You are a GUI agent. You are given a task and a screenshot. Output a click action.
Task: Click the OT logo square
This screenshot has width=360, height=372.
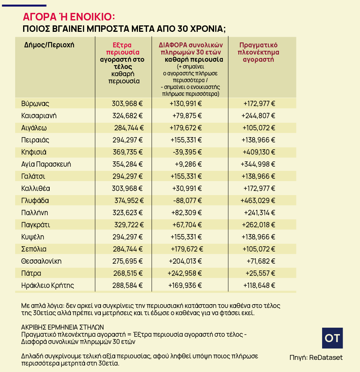pos(332,338)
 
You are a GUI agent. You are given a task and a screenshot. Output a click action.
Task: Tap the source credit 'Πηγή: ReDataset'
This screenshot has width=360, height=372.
pos(316,357)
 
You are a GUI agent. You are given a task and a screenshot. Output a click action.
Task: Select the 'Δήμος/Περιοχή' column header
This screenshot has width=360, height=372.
pos(49,45)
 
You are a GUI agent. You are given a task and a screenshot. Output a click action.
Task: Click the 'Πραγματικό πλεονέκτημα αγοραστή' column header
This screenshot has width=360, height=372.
pos(258,52)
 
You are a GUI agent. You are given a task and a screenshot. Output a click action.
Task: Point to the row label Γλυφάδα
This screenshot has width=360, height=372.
pos(35,201)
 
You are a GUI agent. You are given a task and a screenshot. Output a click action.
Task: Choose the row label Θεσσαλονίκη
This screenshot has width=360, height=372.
pos(41,261)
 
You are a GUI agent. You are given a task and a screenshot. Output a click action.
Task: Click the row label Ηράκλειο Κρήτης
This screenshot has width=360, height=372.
pos(47,286)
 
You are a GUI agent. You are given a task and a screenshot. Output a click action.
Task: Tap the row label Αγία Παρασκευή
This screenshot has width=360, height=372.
pos(46,164)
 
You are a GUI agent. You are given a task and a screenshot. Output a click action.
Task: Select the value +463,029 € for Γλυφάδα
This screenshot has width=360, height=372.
pos(258,201)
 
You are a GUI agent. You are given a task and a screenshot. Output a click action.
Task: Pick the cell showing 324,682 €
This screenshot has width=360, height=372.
pos(127,116)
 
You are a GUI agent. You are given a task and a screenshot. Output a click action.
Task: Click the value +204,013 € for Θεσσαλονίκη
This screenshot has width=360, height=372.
pos(185,261)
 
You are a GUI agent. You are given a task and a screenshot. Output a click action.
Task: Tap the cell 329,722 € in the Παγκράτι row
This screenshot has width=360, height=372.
pos(128,225)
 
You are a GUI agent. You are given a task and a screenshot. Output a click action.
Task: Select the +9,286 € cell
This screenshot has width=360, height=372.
pos(188,164)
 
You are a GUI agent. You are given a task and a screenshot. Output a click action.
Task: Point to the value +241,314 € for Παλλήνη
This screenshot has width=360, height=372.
pos(260,213)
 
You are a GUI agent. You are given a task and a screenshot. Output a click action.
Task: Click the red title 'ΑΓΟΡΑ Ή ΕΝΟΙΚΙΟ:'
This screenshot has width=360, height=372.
pos(69,17)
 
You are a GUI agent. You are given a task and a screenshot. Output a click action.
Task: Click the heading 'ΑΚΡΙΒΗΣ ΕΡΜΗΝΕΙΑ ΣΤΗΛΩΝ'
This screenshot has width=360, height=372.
pos(63,327)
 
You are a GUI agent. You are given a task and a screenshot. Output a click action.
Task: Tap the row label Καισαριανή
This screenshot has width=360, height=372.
pos(39,116)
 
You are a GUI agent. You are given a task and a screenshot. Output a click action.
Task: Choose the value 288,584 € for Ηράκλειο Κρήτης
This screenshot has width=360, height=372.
pos(127,286)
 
